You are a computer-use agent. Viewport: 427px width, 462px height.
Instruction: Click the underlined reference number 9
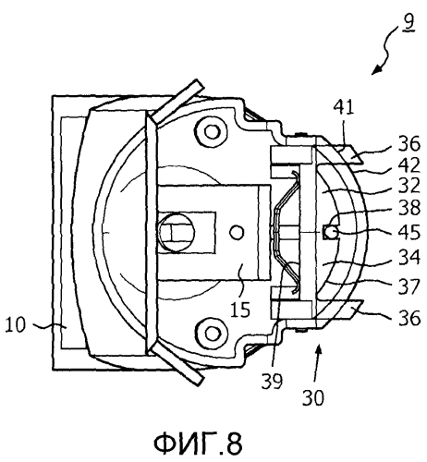tap(409, 22)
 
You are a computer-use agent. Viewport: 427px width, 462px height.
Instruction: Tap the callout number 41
tap(344, 107)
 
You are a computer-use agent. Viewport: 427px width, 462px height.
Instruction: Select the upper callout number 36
tap(409, 144)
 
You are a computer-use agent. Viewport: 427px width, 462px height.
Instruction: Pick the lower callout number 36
tap(409, 318)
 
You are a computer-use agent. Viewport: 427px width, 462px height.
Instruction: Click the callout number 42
tap(409, 165)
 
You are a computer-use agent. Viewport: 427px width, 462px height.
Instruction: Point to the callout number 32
tap(409, 186)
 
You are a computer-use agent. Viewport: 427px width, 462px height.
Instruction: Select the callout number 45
tap(409, 232)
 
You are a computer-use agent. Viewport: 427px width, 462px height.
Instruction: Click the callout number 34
tap(409, 257)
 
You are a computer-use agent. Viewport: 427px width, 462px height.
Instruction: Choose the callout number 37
tap(409, 286)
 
